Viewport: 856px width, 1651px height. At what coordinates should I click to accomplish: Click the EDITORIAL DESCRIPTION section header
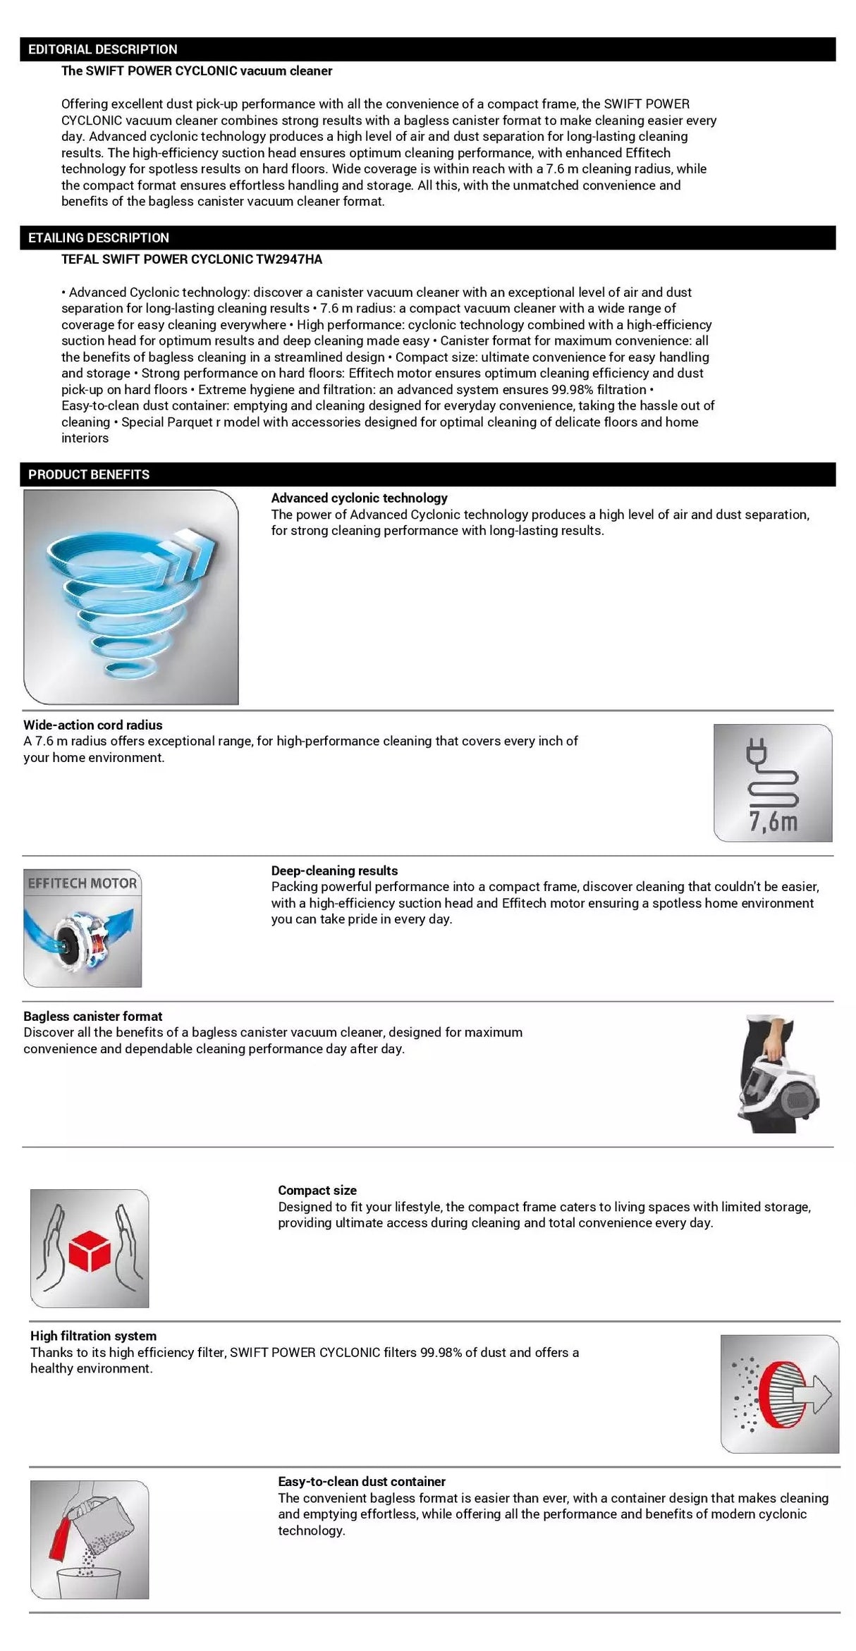click(x=103, y=49)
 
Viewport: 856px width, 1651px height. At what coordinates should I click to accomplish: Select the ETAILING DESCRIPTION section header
click(x=99, y=238)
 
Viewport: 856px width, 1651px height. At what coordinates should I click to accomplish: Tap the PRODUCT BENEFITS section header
click(x=89, y=474)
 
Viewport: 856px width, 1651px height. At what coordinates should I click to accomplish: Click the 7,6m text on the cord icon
click(x=774, y=821)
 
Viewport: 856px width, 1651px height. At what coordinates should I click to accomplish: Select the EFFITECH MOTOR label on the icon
click(x=82, y=883)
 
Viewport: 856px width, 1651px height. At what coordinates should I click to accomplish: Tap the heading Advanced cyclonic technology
click(x=360, y=498)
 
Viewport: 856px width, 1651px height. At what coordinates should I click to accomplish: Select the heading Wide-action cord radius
click(x=93, y=725)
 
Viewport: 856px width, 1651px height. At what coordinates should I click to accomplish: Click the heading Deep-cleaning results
click(x=334, y=871)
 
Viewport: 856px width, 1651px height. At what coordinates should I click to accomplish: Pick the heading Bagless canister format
click(x=93, y=1016)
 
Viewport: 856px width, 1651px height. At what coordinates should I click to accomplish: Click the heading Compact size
click(x=317, y=1190)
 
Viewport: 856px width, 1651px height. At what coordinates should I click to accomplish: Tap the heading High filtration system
click(x=93, y=1336)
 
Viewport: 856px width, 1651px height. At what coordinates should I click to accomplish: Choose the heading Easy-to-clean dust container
click(x=362, y=1482)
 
